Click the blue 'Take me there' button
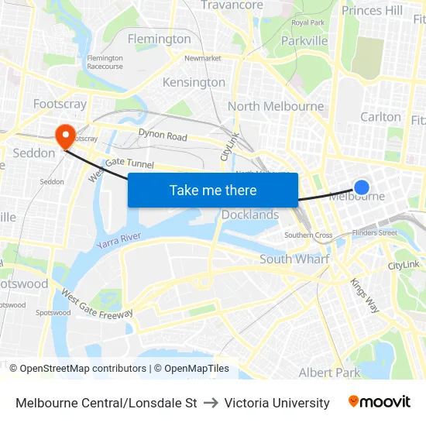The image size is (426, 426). click(213, 190)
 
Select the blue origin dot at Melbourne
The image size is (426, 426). click(362, 187)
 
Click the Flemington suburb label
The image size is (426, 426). click(159, 39)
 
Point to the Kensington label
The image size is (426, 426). click(194, 82)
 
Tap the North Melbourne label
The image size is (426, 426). click(276, 106)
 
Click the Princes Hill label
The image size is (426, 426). click(372, 10)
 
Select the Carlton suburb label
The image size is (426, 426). click(381, 117)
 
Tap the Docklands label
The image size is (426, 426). click(250, 215)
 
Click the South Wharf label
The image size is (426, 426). click(294, 259)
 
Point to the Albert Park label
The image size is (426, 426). click(329, 373)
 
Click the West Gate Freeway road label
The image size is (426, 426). click(96, 304)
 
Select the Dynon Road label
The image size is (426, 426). click(163, 136)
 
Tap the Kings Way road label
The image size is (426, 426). click(364, 295)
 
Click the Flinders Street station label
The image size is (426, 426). click(374, 232)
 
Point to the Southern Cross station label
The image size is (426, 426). click(308, 235)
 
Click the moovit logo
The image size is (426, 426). click(379, 402)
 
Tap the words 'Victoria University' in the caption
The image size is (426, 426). click(277, 403)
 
